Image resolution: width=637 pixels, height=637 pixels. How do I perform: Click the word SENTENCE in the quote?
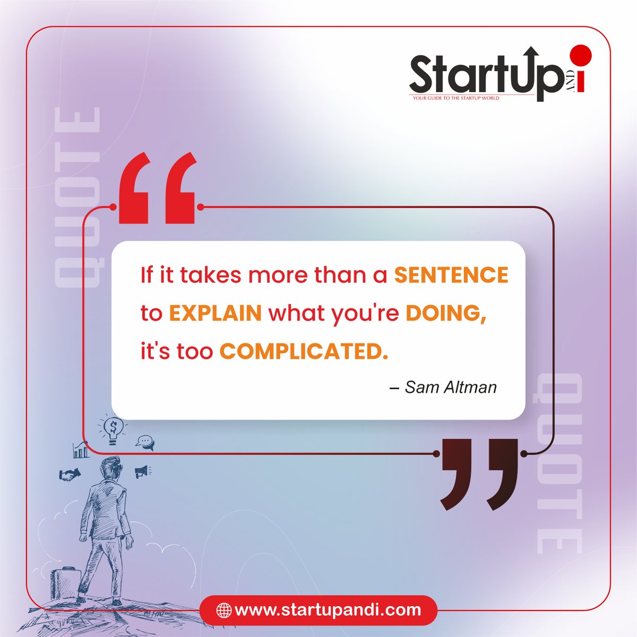pyautogui.click(x=451, y=275)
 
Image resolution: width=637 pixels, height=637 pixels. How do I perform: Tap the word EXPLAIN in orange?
pyautogui.click(x=216, y=313)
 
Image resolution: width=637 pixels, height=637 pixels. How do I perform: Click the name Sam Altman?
pyautogui.click(x=451, y=387)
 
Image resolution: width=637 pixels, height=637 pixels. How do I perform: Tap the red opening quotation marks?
pyautogui.click(x=157, y=188)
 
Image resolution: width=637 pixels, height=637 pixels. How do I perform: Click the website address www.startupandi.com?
pyautogui.click(x=328, y=609)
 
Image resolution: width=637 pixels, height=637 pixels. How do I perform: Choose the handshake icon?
pyautogui.click(x=70, y=474)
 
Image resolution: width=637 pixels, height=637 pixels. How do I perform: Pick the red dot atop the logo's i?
pyautogui.click(x=581, y=55)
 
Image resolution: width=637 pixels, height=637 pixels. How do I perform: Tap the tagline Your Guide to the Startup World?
pyautogui.click(x=456, y=98)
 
